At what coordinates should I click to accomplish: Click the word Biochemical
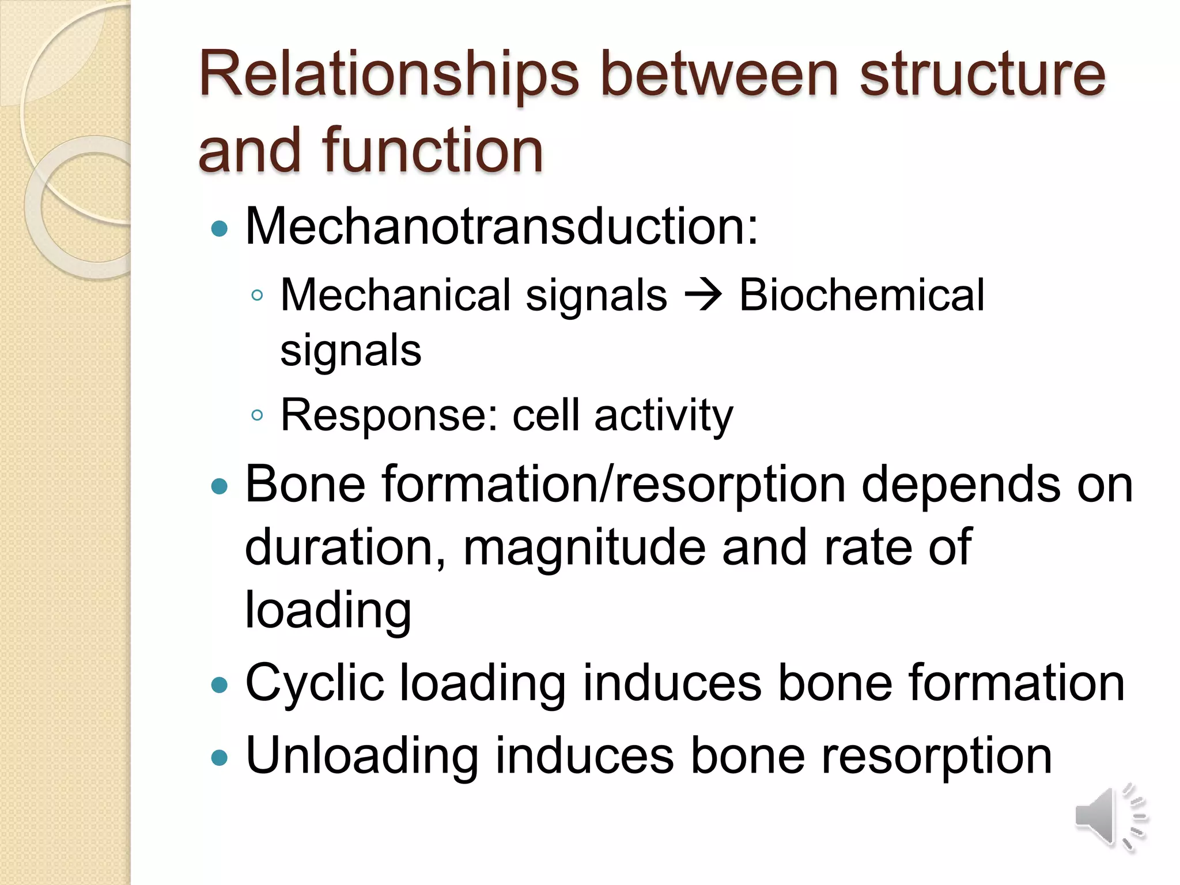tap(861, 295)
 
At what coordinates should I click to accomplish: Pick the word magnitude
tap(584, 547)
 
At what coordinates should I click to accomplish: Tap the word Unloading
tap(362, 756)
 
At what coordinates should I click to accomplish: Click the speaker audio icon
tap(1109, 817)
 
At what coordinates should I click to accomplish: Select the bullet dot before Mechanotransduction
tap(220, 229)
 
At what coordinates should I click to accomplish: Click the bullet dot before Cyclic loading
tap(220, 685)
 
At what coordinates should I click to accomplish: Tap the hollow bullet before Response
tap(257, 415)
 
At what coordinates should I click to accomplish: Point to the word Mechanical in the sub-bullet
tap(395, 295)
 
